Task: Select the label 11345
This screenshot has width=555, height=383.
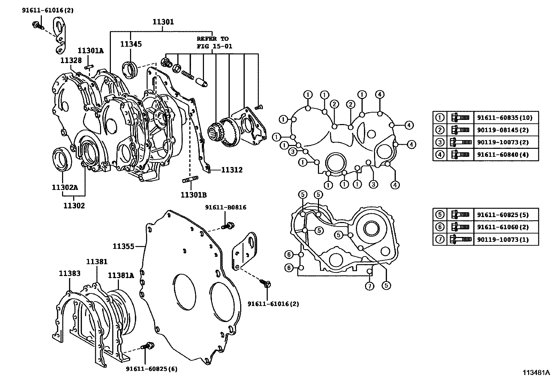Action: click(131, 44)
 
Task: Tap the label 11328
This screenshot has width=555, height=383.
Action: click(71, 60)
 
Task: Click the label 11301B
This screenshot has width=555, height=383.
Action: click(194, 194)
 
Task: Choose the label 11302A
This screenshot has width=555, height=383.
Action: click(65, 187)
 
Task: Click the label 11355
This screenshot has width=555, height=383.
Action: click(123, 246)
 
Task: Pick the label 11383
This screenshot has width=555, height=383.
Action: click(69, 274)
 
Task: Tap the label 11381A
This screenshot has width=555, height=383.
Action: click(121, 276)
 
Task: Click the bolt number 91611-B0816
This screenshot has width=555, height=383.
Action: click(226, 207)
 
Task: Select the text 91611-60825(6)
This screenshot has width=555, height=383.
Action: click(152, 369)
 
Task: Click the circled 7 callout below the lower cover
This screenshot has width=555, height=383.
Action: click(370, 286)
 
